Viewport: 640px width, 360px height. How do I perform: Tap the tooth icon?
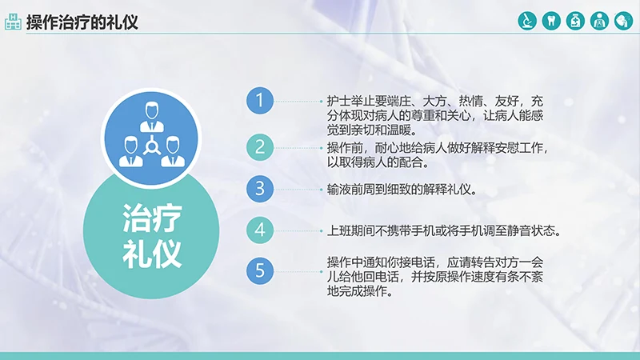550,21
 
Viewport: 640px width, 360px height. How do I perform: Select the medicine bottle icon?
574,21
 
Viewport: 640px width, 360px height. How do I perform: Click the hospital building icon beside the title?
13,22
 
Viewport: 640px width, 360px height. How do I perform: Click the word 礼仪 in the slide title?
122,22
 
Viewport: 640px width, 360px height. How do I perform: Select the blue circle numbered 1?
259,101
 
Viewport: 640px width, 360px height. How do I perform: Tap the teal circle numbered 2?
259,146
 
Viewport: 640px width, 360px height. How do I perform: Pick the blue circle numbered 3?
259,190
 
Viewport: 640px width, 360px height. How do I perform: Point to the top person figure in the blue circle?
150,117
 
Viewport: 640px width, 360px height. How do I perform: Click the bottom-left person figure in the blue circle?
130,154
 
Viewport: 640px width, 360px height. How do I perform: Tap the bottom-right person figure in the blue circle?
171,154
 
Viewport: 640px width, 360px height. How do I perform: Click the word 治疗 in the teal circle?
152,218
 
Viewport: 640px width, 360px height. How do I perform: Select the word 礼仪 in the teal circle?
152,252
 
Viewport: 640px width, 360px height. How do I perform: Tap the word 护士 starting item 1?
337,102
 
